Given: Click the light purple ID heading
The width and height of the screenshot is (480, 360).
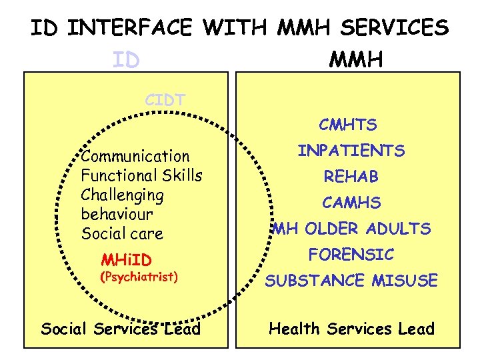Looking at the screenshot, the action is pos(126,61).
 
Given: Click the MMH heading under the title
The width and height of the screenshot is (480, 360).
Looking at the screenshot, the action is pos(356,61).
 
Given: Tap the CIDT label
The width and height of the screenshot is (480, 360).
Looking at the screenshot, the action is pos(165,101).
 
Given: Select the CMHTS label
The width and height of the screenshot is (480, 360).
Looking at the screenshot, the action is pos(348,125).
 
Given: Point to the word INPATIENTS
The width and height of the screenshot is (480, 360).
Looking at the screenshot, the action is pos(351,151).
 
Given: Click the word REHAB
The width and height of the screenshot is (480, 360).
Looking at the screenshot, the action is pos(351,177).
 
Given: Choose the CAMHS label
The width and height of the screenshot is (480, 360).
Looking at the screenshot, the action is pos(351,202).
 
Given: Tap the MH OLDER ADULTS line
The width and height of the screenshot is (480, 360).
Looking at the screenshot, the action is pos(351,229).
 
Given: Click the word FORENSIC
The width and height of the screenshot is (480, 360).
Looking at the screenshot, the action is pos(351,254).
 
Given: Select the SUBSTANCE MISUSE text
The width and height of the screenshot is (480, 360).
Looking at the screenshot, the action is pos(351,281).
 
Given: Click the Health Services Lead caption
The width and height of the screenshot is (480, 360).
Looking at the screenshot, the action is pos(351,329).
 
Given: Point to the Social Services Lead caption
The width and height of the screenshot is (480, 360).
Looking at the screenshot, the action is pos(121,329).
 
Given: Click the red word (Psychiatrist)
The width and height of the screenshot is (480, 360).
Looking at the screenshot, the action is pos(138,276).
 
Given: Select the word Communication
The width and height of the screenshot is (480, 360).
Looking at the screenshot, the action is pos(135,157).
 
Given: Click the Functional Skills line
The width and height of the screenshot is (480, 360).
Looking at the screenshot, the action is pos(141,176).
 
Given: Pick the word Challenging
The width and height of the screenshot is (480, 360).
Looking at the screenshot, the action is pos(122,195).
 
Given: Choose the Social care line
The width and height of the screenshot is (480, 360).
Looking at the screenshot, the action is pos(122,234).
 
